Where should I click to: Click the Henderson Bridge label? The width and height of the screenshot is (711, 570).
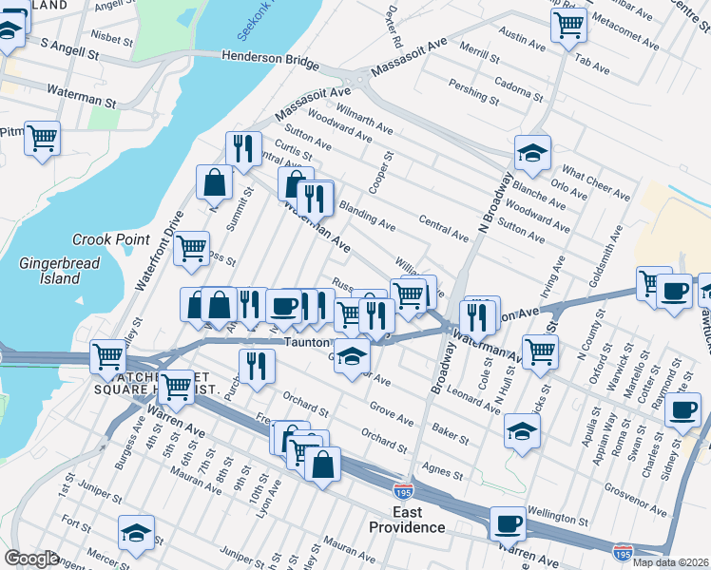[270, 59]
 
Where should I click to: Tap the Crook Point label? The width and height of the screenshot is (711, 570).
[112, 240]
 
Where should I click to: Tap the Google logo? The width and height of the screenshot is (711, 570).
[31, 559]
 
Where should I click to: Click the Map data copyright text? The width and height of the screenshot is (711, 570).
[670, 562]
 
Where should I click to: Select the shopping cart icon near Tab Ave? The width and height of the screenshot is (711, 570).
[568, 24]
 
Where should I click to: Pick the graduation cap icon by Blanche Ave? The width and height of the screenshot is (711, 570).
[533, 152]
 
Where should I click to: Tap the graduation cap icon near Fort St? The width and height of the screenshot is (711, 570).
[137, 532]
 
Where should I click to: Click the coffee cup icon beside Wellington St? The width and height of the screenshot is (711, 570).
[509, 523]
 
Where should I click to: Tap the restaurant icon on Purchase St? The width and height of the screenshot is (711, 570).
[256, 366]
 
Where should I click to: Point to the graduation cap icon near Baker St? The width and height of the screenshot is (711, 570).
[522, 429]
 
